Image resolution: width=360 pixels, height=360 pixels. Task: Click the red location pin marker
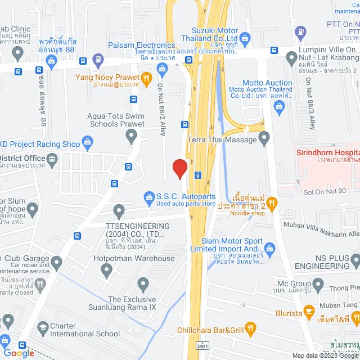click(179, 168)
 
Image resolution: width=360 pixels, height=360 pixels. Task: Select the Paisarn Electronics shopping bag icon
click(163, 69)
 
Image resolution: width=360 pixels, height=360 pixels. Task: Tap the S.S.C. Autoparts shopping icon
click(148, 196)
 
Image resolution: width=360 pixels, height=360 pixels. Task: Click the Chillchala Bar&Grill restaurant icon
click(251, 328)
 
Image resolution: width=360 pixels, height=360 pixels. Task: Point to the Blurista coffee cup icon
click(309, 310)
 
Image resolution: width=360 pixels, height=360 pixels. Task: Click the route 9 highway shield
click(197, 175)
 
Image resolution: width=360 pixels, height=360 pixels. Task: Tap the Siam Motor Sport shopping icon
click(269, 248)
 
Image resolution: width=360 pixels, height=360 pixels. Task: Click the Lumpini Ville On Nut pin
click(291, 57)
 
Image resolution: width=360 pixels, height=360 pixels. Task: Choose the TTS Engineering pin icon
click(119, 212)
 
